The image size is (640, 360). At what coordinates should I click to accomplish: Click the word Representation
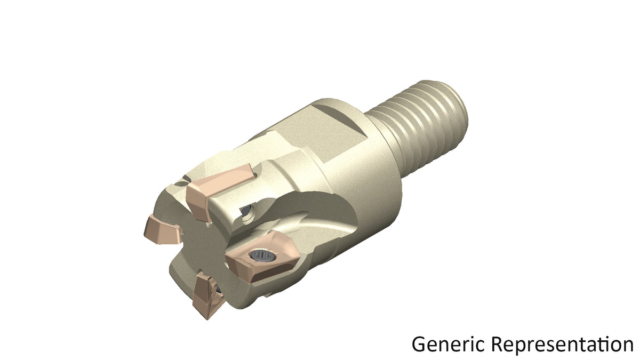coord(563,344)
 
